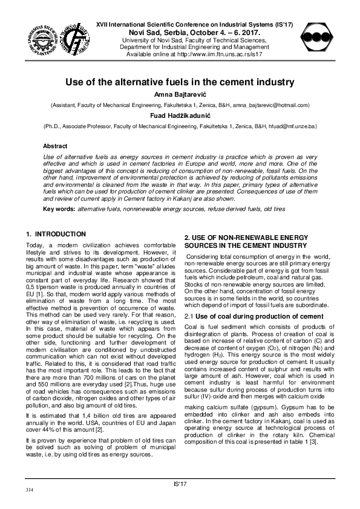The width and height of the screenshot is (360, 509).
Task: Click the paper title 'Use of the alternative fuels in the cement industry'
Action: (180, 81)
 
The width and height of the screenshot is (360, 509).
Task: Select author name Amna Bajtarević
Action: (180, 95)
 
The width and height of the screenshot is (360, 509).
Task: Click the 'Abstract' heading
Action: (55, 146)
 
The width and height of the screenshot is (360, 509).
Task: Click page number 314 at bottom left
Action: (29, 488)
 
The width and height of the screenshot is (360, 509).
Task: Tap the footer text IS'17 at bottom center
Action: (180, 484)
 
